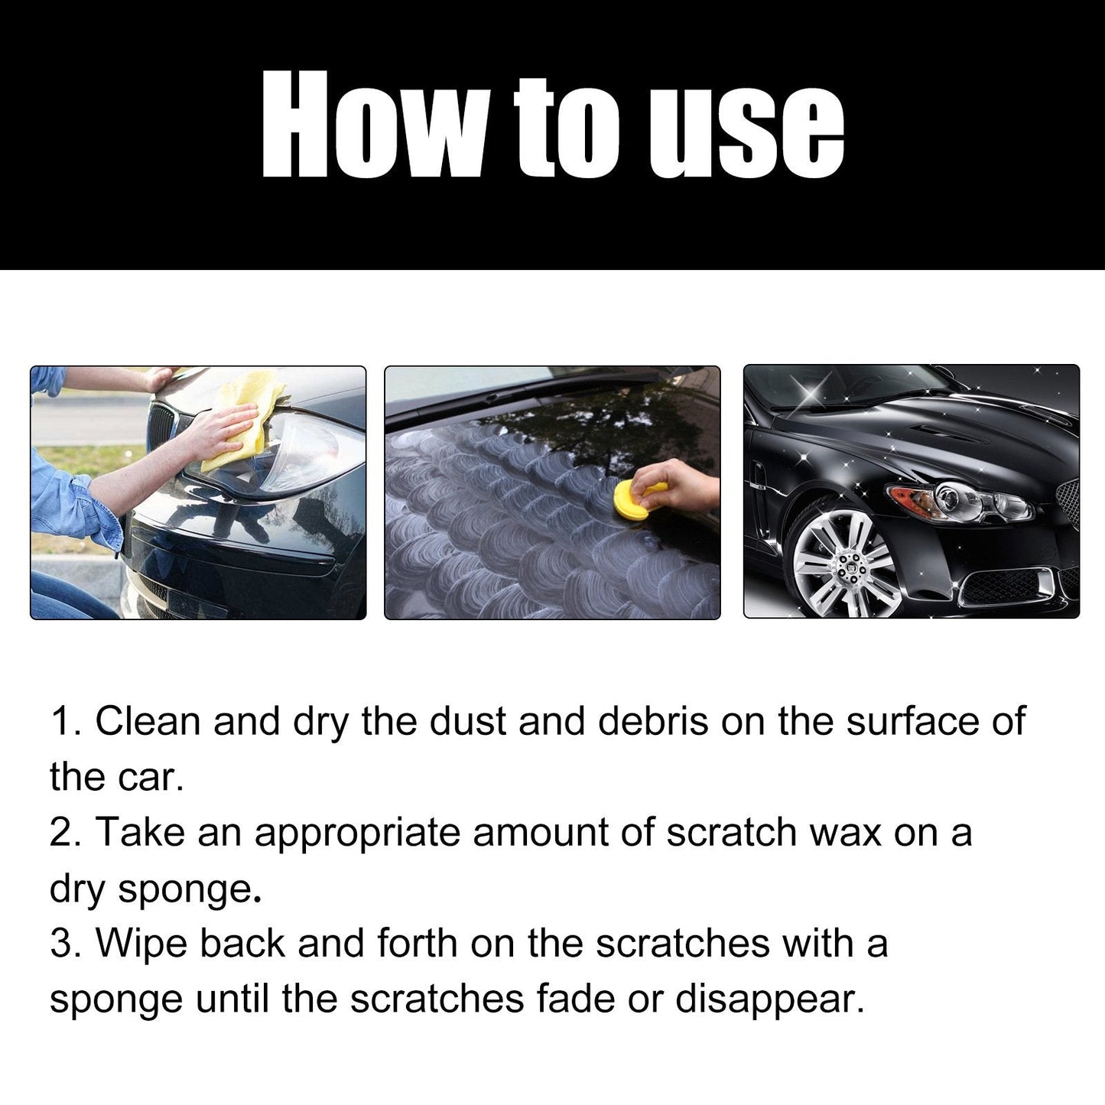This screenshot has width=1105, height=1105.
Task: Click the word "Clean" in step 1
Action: click(x=147, y=721)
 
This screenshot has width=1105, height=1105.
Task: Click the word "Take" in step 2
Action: click(x=140, y=832)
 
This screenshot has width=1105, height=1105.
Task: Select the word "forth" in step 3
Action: click(x=417, y=943)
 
